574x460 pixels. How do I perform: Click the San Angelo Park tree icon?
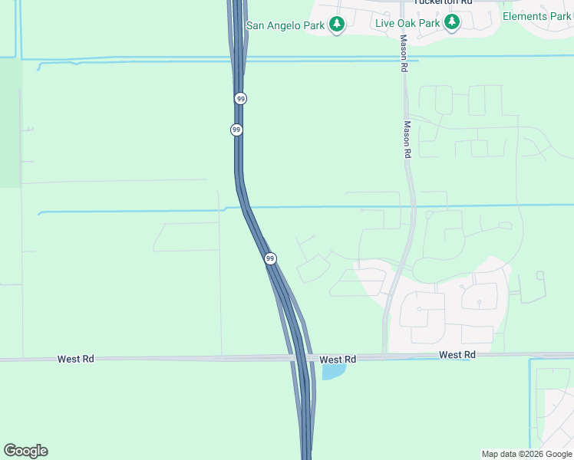tap(336, 25)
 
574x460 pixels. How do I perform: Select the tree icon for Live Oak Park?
tap(451, 23)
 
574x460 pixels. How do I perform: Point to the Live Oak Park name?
tap(407, 23)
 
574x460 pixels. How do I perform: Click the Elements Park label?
tap(537, 17)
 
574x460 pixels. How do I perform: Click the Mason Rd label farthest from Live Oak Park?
tap(407, 140)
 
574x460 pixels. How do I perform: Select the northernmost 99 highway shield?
tap(241, 99)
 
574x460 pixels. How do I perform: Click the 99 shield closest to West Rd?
tap(270, 259)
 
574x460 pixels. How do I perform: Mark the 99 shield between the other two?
tap(236, 130)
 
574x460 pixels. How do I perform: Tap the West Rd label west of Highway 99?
tap(75, 359)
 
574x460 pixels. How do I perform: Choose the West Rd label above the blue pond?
tap(338, 360)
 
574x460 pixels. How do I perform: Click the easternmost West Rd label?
tap(457, 355)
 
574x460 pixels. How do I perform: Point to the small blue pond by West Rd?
tap(333, 372)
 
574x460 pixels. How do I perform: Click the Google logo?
tap(25, 451)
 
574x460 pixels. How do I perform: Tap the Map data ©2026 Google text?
tap(526, 454)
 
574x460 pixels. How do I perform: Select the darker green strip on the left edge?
tap(10, 123)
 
